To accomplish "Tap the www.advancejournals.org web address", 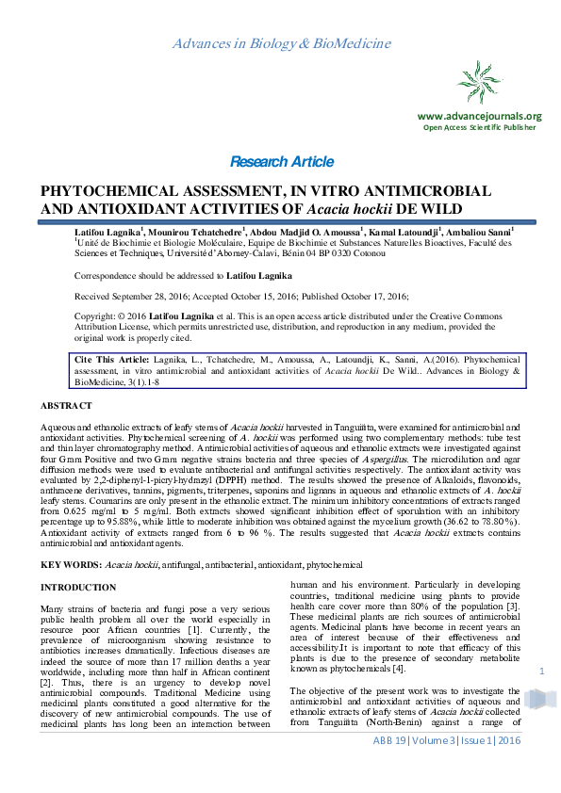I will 479,116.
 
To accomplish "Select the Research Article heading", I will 281,161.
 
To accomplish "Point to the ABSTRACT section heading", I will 66,405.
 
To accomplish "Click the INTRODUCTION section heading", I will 78,588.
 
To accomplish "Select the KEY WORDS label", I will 71,563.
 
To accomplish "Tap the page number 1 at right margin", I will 542,672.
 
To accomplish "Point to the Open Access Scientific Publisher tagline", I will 479,126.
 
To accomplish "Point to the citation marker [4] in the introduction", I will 398,669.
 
